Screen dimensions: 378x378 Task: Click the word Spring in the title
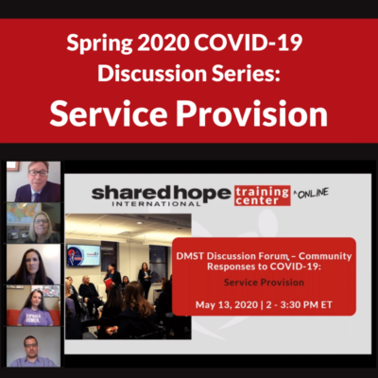(99, 43)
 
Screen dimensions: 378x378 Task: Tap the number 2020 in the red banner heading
(163, 43)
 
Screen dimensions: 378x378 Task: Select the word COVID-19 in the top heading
(249, 43)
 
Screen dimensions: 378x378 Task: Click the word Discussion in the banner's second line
(152, 73)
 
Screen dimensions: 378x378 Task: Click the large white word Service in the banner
(109, 113)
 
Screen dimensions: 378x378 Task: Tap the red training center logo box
(263, 196)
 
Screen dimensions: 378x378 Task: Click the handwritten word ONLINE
(312, 193)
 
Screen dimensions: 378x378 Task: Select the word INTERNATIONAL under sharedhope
(156, 204)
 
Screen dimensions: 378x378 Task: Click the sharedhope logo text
(161, 194)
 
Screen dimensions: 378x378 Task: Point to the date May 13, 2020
(226, 305)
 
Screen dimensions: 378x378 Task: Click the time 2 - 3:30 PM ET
(300, 305)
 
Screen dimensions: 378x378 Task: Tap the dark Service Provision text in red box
(264, 283)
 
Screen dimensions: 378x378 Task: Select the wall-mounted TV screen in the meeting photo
(83, 255)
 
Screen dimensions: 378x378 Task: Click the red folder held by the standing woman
(109, 283)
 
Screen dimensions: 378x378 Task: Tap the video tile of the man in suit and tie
(33, 181)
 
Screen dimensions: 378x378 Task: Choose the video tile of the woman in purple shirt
(33, 305)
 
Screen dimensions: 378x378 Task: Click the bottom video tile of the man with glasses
(33, 347)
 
